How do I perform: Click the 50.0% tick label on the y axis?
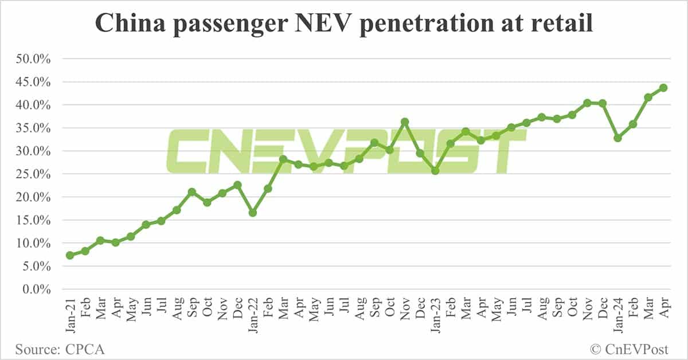[x=34, y=59]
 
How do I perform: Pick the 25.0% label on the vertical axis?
[x=34, y=174]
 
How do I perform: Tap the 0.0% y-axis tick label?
[x=37, y=289]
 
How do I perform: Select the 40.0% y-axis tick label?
[x=34, y=105]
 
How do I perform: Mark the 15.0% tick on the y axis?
[x=34, y=220]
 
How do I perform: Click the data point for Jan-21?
[x=70, y=255]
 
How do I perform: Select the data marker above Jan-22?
[x=253, y=213]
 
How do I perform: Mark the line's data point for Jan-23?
[x=435, y=170]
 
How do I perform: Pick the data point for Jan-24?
[x=617, y=138]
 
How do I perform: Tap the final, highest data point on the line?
[x=663, y=88]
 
